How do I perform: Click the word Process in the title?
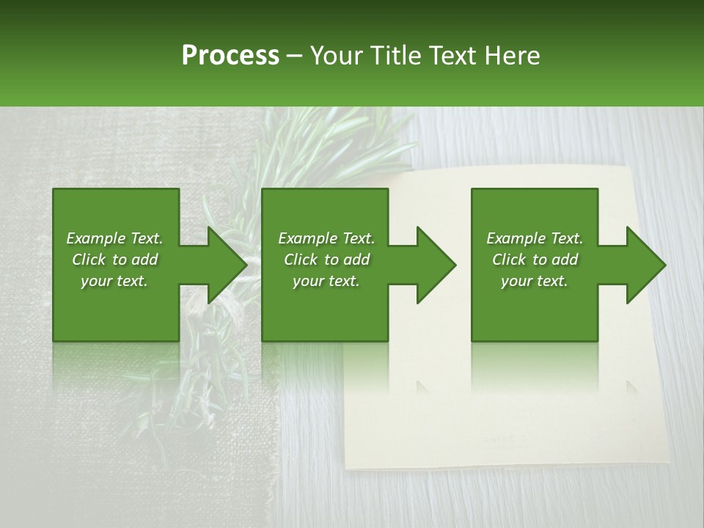pos(230,56)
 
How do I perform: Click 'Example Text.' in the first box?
pos(114,238)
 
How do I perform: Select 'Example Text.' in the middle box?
pos(326,238)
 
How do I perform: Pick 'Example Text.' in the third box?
pos(535,238)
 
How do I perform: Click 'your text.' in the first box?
pos(114,281)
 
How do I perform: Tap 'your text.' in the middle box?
pos(326,281)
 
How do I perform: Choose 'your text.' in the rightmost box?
pos(535,281)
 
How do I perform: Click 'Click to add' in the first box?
pos(114,260)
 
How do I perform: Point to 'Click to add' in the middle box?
pos(326,260)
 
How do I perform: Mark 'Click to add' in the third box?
pos(535,260)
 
